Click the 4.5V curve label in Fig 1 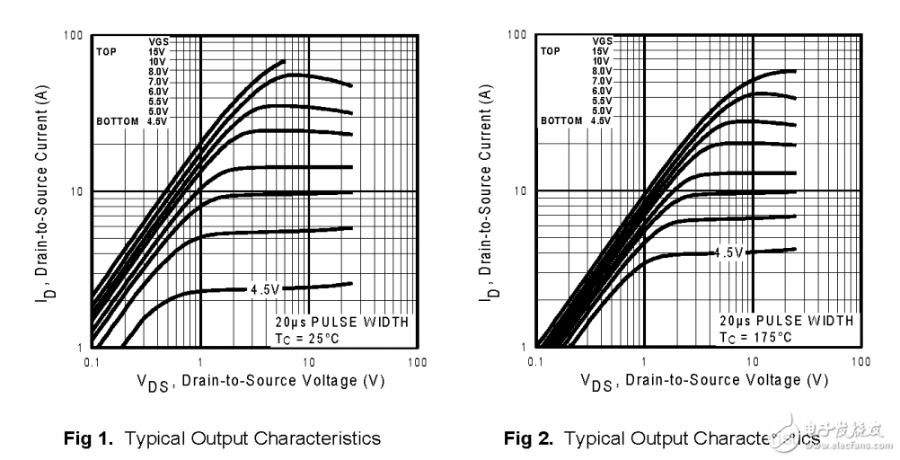click(x=267, y=289)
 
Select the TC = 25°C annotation click(x=307, y=337)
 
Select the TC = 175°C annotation click(x=755, y=337)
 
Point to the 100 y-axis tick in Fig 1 click(x=74, y=36)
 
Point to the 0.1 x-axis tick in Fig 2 click(x=536, y=361)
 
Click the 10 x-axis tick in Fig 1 click(x=308, y=361)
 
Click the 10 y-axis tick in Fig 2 click(x=519, y=191)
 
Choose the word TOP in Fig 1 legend click(x=107, y=51)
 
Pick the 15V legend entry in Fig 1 click(x=158, y=51)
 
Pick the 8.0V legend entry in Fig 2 click(x=602, y=71)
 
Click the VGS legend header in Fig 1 click(x=158, y=41)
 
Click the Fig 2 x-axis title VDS click(x=599, y=382)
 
